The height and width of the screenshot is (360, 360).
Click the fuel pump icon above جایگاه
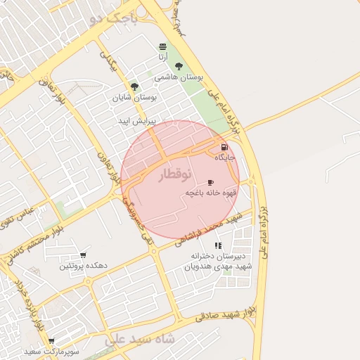click(x=224, y=148)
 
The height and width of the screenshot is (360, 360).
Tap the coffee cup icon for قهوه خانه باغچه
click(x=210, y=182)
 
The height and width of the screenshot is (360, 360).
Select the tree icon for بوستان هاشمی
click(x=179, y=67)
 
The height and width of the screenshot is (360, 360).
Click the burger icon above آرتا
click(x=162, y=46)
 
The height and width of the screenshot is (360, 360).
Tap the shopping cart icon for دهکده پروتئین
click(x=83, y=255)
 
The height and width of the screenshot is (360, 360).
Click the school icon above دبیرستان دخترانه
click(x=218, y=245)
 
